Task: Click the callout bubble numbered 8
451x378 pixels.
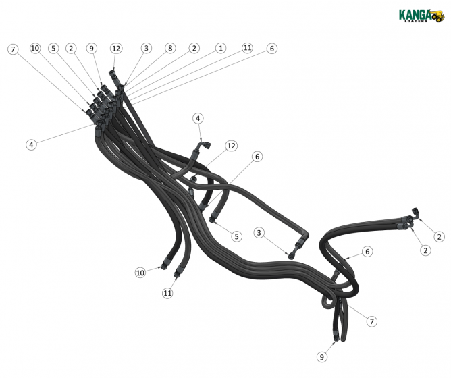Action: click(170, 49)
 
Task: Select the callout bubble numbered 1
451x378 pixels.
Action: click(221, 49)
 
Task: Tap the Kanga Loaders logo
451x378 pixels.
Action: click(421, 15)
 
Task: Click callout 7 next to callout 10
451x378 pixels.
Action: click(13, 49)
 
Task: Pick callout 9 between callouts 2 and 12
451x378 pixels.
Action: click(91, 49)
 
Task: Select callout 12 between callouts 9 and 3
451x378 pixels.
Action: click(116, 49)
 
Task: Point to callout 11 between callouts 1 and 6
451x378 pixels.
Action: click(247, 49)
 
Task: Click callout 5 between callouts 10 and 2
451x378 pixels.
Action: click(53, 49)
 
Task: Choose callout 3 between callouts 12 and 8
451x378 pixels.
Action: click(147, 49)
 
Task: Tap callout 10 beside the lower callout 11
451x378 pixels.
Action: click(140, 273)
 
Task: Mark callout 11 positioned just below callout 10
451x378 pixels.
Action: click(167, 293)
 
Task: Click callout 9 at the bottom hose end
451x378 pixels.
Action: click(322, 356)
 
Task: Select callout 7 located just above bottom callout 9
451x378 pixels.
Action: click(372, 321)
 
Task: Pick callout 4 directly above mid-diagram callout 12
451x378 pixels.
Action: click(198, 118)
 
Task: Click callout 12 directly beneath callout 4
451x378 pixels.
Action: click(232, 146)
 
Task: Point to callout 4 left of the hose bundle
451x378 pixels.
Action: click(31, 144)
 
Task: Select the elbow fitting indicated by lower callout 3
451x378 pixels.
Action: click(292, 254)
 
